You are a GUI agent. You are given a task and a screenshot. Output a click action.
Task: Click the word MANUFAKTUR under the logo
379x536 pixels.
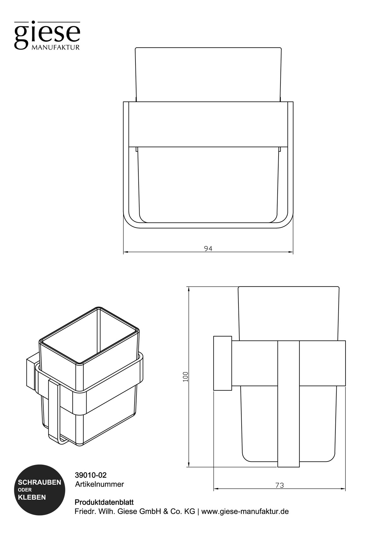point(55,48)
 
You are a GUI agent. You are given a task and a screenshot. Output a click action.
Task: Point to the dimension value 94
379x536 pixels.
point(208,248)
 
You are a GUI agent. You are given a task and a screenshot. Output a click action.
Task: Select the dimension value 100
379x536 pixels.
point(186,377)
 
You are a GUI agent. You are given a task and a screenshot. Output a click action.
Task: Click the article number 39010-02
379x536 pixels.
point(91,475)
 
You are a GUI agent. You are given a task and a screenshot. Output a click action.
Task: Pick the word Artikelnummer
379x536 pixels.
point(99,484)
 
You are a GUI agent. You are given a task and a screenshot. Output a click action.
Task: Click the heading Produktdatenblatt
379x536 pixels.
point(104,502)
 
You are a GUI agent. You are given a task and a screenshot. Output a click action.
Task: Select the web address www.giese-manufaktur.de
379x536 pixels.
point(245,511)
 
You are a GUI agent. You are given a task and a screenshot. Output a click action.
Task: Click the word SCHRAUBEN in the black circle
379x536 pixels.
point(39,483)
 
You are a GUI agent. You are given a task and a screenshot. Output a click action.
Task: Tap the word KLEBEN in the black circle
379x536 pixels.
point(32,497)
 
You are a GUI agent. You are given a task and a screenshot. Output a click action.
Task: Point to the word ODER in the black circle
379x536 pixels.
point(24,490)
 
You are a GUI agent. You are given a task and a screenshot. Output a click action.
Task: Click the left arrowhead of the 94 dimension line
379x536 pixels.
point(125,252)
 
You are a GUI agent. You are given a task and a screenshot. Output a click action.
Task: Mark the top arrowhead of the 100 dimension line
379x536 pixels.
point(189,289)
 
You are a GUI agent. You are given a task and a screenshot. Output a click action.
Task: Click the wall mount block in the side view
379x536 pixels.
point(223,363)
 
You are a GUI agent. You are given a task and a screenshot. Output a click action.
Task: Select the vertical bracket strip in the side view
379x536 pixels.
point(288,404)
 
